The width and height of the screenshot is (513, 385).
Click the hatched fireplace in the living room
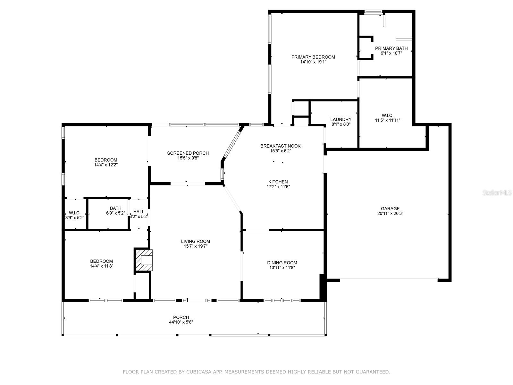click(144, 260)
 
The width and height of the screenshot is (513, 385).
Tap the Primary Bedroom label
click(313, 57)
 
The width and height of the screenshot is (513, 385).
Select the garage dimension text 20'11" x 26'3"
click(390, 213)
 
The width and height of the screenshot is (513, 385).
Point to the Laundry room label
click(341, 119)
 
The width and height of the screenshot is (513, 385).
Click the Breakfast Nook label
click(281, 146)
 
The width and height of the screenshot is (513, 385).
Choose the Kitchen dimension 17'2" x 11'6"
click(278, 186)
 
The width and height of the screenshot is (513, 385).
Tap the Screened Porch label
click(188, 153)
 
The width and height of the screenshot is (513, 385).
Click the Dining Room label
click(282, 263)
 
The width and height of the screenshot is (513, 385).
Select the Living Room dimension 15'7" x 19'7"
click(195, 246)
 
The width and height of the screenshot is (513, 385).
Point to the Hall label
click(139, 211)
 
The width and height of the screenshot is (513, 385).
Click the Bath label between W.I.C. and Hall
click(116, 208)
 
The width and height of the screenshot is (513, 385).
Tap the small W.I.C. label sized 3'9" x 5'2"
click(75, 213)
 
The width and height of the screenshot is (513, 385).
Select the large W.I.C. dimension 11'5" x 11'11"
click(388, 120)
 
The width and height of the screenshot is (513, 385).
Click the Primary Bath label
click(391, 48)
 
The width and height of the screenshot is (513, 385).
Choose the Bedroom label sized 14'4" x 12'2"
click(105, 160)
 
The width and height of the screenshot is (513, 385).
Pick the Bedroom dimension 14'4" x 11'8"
click(101, 266)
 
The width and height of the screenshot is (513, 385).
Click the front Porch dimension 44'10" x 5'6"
click(181, 322)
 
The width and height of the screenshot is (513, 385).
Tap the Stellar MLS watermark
click(497, 193)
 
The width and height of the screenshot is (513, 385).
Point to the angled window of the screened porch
click(232, 144)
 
